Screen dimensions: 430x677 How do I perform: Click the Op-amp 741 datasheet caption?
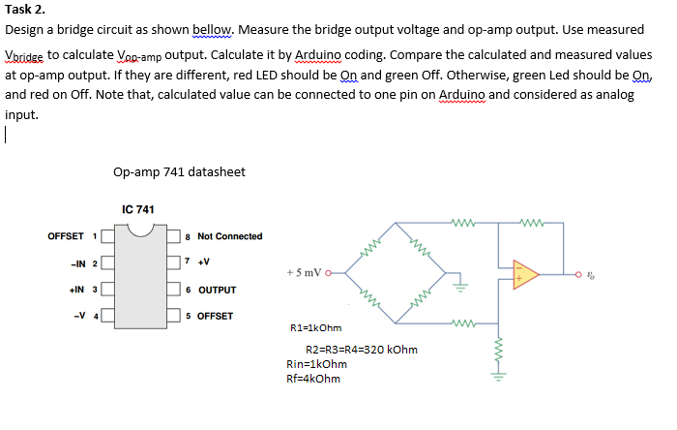tap(179, 171)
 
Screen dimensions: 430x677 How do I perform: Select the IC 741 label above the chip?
tap(139, 209)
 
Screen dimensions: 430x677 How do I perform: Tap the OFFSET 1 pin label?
tap(73, 236)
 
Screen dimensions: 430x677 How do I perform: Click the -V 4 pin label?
tap(87, 316)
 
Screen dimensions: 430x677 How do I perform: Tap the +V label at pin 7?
tap(204, 262)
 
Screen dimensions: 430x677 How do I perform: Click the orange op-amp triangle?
tap(524, 273)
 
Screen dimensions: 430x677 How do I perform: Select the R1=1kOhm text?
tap(316, 328)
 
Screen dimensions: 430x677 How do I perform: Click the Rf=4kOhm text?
tap(313, 379)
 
